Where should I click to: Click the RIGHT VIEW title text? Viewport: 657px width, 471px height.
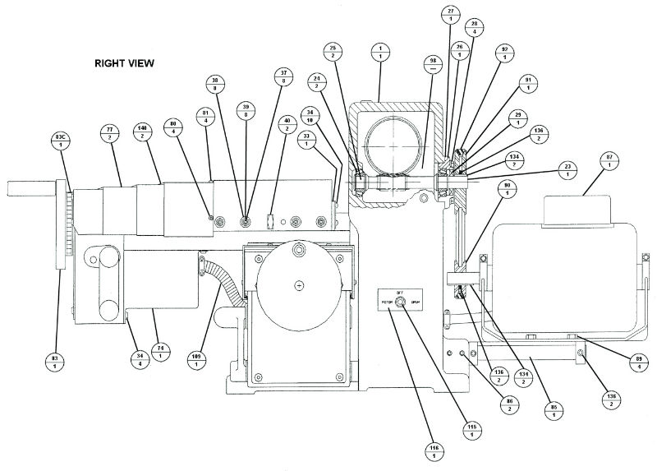tap(124, 62)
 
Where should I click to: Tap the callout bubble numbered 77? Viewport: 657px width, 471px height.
tap(109, 134)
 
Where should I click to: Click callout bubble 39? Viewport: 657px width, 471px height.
tap(245, 111)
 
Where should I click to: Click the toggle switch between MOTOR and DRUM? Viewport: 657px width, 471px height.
tap(398, 302)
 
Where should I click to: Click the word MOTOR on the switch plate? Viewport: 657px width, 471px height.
tap(385, 302)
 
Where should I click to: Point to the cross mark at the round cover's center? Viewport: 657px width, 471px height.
tap(298, 284)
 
